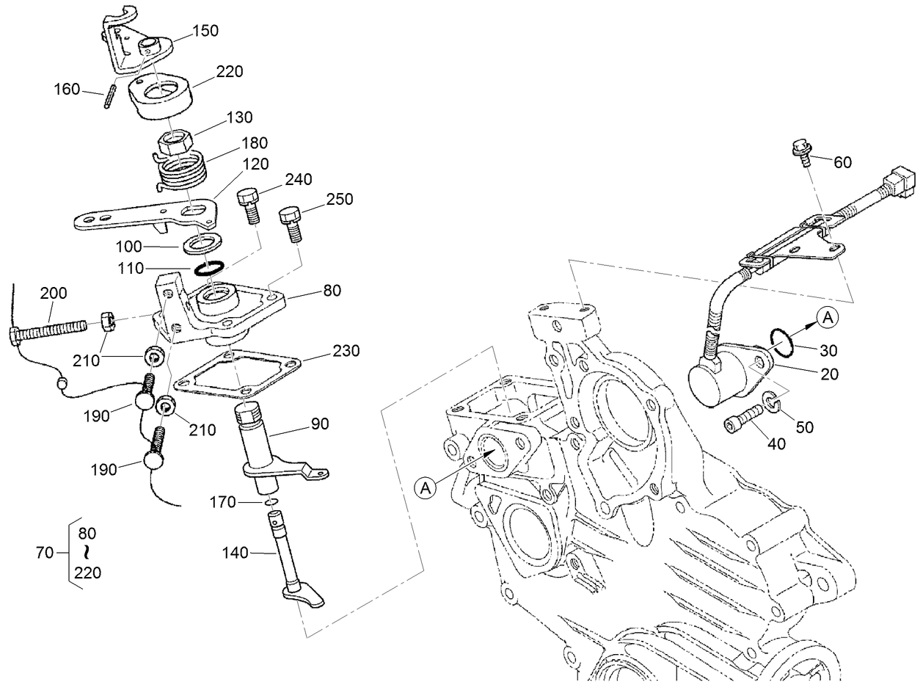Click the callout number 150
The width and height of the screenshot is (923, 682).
tap(205, 30)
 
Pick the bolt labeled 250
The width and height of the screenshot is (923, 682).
tap(290, 222)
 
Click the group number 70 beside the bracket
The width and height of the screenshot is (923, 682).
tap(45, 552)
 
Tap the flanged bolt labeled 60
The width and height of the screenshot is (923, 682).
tap(801, 151)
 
